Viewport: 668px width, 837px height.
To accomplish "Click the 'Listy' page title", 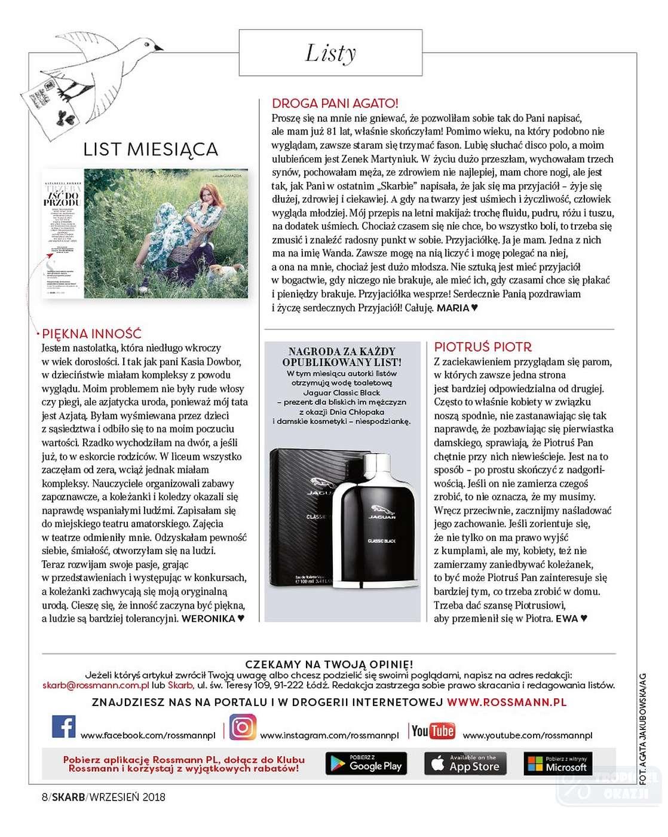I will (330, 53).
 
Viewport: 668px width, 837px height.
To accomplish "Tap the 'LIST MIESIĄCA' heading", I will (151, 149).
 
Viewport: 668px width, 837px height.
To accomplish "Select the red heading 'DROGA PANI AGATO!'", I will (335, 103).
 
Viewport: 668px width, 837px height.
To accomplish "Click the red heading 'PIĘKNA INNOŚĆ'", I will (92, 334).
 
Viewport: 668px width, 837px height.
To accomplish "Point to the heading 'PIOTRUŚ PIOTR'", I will (483, 347).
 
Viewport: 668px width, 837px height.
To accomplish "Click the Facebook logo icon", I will (64, 727).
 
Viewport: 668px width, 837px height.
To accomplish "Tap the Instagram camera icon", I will (243, 727).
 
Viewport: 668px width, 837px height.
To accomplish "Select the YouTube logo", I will (433, 731).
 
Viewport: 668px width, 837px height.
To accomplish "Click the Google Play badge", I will (366, 763).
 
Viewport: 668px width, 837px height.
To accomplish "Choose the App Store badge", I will (465, 763).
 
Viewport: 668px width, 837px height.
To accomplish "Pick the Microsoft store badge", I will (558, 763).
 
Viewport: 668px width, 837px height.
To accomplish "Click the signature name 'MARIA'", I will (453, 308).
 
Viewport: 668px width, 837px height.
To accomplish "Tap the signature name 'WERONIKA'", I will (209, 619).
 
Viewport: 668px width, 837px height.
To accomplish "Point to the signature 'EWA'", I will (567, 619).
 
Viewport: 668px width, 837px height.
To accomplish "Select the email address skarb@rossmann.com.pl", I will (96, 686).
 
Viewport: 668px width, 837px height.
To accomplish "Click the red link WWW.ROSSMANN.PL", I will (507, 702).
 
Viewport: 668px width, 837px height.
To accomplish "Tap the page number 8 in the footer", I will (45, 797).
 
